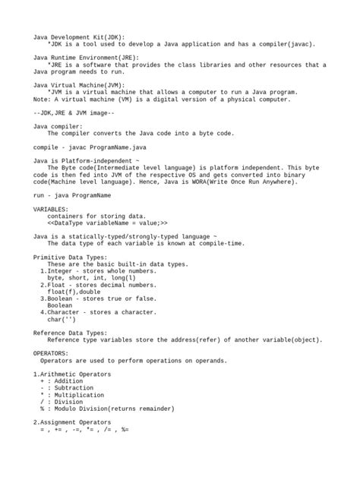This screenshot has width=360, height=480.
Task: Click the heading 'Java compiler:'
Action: point(58,126)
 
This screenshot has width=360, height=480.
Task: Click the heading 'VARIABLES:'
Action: point(51,209)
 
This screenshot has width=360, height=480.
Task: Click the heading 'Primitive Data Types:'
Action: point(70,257)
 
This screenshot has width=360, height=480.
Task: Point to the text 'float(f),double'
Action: point(74,292)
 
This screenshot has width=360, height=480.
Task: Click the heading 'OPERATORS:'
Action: point(51,353)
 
